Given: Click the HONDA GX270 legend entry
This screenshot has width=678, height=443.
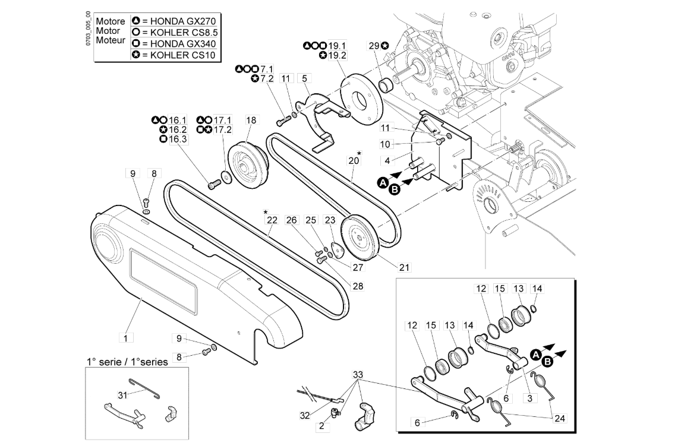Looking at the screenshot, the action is point(174,21).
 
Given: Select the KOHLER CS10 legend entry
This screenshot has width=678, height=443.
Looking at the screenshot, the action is point(174,55).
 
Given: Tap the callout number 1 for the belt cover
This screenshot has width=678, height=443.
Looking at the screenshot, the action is point(126,337).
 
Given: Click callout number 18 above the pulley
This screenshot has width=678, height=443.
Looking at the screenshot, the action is point(251,120).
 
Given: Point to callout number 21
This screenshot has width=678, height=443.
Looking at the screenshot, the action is point(404,268).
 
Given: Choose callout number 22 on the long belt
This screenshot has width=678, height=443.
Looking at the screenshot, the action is point(272,220).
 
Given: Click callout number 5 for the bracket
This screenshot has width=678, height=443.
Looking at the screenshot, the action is point(304,78).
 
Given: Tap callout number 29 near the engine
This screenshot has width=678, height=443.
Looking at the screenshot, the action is point(374,45).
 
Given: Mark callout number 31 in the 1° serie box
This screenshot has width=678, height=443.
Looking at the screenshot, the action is point(123,394).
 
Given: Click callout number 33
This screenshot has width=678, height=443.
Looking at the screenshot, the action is point(358,374).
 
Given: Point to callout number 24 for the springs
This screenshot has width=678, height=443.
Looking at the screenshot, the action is point(560,419).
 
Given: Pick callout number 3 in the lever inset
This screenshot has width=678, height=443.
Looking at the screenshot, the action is point(529,398).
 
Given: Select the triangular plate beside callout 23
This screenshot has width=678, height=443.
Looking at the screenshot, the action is point(336,249).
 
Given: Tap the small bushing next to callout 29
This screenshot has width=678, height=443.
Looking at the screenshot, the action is point(386,85).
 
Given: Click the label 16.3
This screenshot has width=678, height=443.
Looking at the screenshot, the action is point(178,139).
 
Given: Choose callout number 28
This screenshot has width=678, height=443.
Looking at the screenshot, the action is point(358,286).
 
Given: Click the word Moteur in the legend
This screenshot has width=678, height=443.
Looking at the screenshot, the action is point(111,40).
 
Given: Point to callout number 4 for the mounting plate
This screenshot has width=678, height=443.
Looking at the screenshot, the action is point(387,161).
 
